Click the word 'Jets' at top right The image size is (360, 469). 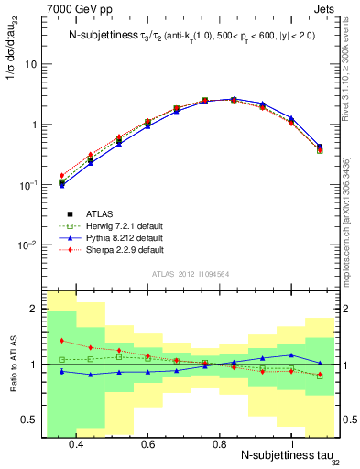[327, 8]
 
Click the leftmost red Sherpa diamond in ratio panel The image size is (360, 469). [61, 341]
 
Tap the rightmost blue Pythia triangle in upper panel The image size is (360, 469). [320, 146]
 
